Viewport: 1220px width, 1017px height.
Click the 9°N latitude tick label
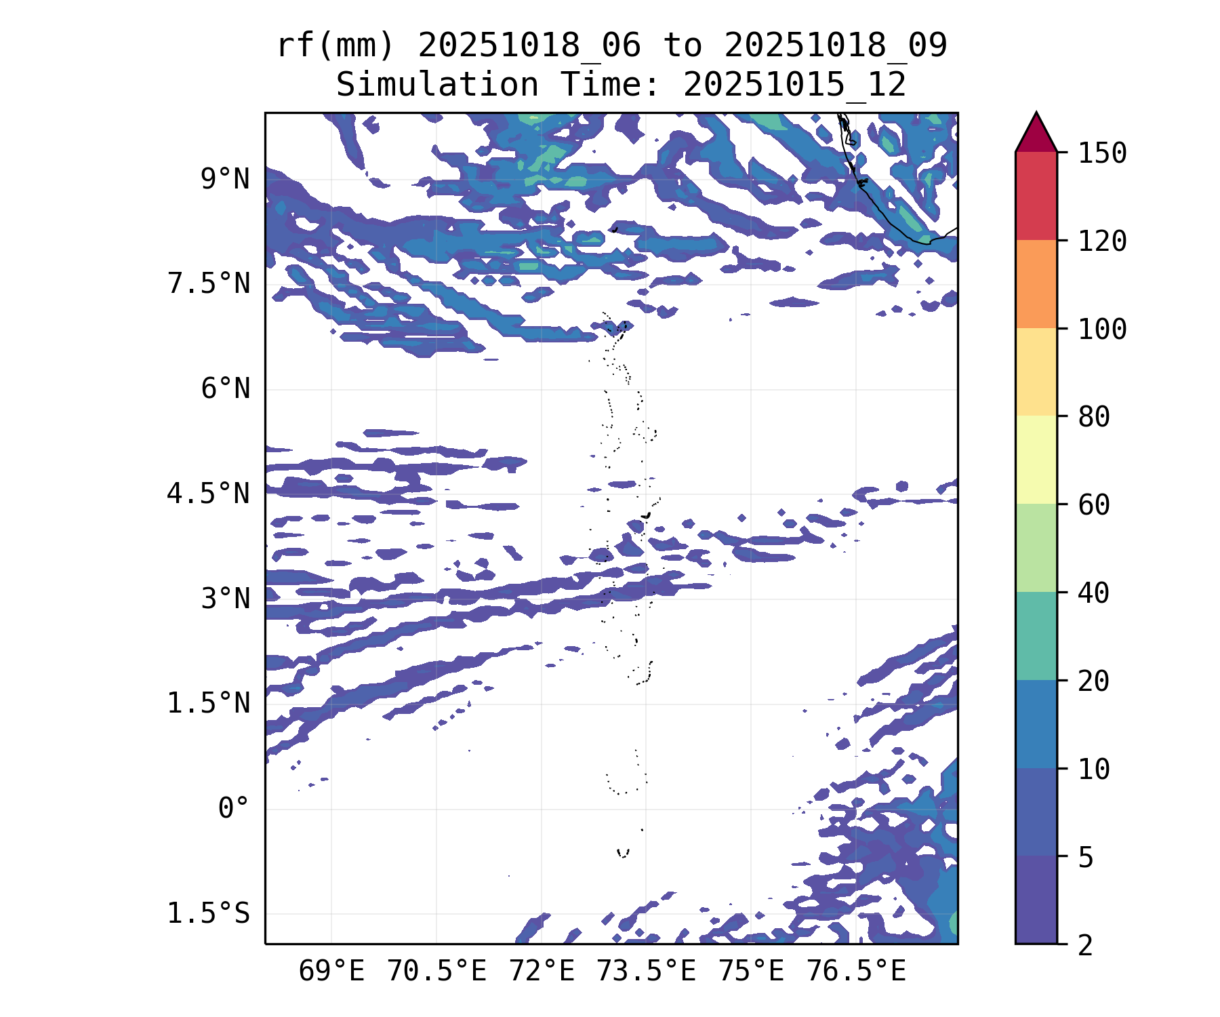pyautogui.click(x=225, y=180)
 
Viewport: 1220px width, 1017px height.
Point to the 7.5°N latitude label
pyautogui.click(x=209, y=284)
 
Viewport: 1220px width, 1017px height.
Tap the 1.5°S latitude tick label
pyautogui.click(x=209, y=914)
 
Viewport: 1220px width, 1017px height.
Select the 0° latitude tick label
pyautogui.click(x=234, y=809)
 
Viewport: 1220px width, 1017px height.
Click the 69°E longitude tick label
pyautogui.click(x=331, y=972)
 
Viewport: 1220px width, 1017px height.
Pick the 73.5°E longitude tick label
pyautogui.click(x=646, y=972)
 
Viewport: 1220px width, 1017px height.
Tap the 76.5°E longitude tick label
pyautogui.click(x=856, y=972)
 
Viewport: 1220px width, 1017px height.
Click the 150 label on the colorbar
pyautogui.click(x=1103, y=153)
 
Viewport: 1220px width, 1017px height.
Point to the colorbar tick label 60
pyautogui.click(x=1094, y=504)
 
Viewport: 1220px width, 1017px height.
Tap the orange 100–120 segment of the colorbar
pyautogui.click(x=1036, y=284)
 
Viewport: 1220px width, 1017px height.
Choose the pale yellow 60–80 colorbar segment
pyautogui.click(x=1036, y=460)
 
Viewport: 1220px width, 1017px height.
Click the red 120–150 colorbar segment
pyautogui.click(x=1036, y=196)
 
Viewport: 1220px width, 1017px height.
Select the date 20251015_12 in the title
pyautogui.click(x=794, y=85)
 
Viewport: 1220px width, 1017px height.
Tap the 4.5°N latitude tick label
pyautogui.click(x=209, y=494)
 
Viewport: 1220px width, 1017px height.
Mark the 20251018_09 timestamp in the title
pyautogui.click(x=835, y=46)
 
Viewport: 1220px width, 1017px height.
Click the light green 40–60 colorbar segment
pyautogui.click(x=1036, y=548)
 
